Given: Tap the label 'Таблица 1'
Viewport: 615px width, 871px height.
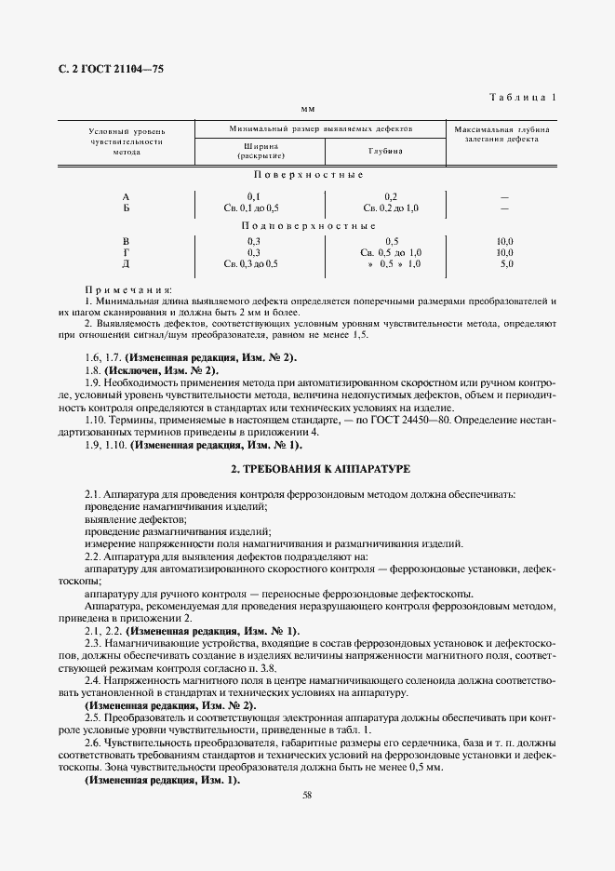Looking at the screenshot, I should pyautogui.click(x=523, y=97).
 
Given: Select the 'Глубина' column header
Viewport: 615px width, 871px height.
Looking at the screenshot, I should pyautogui.click(x=385, y=150).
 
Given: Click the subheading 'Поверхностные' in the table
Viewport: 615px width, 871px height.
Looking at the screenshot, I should pyautogui.click(x=308, y=175).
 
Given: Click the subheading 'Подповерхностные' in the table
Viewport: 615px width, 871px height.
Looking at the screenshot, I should pyautogui.click(x=308, y=225).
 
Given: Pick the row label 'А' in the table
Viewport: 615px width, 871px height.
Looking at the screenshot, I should pyautogui.click(x=126, y=197).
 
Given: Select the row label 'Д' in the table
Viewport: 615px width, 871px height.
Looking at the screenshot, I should pyautogui.click(x=126, y=264).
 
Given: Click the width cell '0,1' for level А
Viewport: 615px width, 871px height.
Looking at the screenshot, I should pyautogui.click(x=253, y=197).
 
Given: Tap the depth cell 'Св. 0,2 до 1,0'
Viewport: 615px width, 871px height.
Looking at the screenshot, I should pyautogui.click(x=391, y=208).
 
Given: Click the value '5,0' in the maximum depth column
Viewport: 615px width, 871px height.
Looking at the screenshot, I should pyautogui.click(x=506, y=264).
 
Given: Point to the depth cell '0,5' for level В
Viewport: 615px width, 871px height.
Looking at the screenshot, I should pyautogui.click(x=391, y=242).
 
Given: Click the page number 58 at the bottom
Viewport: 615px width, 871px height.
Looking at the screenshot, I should pyautogui.click(x=307, y=794).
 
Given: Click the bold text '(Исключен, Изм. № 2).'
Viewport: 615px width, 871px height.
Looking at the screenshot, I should pyautogui.click(x=165, y=370).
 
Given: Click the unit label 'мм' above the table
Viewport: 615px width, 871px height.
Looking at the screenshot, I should pyautogui.click(x=308, y=110).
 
